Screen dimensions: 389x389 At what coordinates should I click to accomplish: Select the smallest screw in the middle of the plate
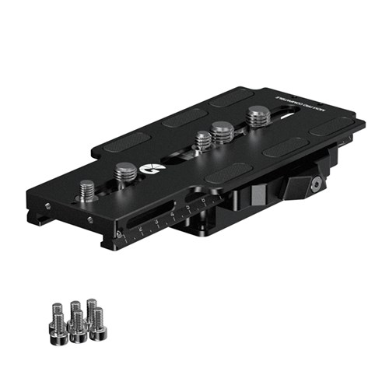pos(203,140)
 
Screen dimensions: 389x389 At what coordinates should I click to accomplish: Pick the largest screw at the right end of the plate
pos(258,117)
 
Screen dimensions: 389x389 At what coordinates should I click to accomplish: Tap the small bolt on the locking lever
pos(317,184)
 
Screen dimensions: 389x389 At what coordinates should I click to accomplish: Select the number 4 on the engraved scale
pos(171,218)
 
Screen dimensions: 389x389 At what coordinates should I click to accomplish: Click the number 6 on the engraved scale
pos(201,205)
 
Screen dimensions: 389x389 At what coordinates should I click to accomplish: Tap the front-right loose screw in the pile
pos(98,320)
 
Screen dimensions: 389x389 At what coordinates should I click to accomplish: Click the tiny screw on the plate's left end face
pos(47,206)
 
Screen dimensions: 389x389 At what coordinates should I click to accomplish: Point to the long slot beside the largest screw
pos(284,117)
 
